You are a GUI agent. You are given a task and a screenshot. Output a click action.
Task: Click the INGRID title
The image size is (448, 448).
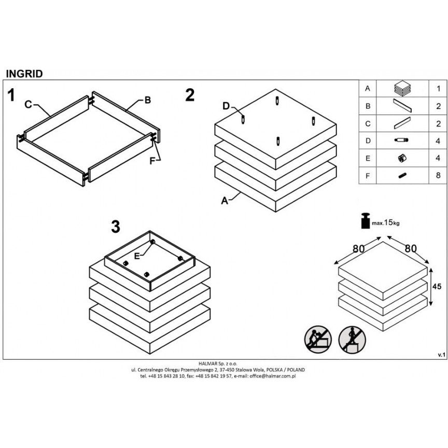24,74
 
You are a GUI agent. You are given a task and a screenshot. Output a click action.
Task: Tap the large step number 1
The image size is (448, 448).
11,95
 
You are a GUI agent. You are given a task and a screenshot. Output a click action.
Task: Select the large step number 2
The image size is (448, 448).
190,95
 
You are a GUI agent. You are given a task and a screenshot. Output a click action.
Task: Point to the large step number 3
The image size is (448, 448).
116,227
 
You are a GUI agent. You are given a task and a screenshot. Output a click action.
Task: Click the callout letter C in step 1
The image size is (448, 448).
28,105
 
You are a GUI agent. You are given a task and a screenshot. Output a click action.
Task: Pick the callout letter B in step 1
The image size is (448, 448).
147,100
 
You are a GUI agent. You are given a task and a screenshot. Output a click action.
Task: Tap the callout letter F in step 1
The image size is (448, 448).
152,161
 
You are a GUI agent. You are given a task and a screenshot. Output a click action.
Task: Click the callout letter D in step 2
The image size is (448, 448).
226,106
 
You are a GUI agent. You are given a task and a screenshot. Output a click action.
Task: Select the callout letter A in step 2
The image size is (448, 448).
225,201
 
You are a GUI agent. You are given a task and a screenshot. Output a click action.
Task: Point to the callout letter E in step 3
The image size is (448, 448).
137,256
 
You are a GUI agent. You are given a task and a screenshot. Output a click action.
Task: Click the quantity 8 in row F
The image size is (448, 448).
438,175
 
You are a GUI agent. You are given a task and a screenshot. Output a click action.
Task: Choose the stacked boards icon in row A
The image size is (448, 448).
402,88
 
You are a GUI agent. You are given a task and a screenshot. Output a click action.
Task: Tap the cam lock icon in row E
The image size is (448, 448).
402,158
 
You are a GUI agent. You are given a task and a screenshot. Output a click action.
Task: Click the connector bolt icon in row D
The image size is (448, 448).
401,140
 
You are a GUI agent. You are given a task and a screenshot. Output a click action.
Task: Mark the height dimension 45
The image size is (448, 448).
437,286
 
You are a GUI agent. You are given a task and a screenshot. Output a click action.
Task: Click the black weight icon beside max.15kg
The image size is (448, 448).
366,220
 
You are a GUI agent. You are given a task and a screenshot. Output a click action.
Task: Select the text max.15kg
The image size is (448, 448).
385,222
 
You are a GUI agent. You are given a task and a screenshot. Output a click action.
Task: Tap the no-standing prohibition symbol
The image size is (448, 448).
352,340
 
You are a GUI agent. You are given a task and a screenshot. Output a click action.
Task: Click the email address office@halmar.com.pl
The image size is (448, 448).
273,376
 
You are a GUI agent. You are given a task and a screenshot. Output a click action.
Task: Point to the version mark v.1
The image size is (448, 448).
442,355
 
